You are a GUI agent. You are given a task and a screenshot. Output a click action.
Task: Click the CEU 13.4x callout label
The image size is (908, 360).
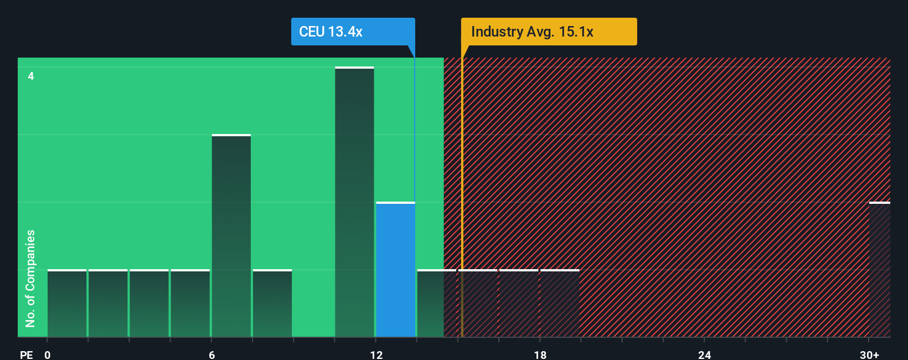pos(353,32)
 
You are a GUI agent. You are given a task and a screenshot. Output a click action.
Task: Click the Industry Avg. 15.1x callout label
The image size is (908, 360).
pos(549,32)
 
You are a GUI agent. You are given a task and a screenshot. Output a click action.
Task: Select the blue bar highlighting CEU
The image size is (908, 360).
pos(395,270)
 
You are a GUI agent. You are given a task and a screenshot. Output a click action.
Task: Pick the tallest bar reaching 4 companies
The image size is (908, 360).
pos(354,202)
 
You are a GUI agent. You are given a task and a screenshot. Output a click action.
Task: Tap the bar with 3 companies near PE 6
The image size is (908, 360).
pos(231,235)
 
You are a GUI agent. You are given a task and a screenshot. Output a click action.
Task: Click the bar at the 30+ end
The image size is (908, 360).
pos(879,270)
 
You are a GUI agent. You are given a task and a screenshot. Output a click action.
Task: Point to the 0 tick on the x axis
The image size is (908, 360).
pos(48,354)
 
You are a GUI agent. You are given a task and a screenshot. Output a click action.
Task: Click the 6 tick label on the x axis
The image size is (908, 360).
pos(211,354)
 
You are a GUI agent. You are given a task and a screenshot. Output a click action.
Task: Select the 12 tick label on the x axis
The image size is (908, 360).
pos(376,354)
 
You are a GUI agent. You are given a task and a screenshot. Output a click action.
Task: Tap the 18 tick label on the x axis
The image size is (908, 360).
pos(540,354)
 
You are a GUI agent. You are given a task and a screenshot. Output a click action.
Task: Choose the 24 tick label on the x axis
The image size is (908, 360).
pos(704,354)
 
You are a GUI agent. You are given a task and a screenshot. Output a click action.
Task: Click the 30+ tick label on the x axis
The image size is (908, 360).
pos(869,354)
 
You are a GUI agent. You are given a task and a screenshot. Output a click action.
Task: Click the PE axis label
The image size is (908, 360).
pos(26,354)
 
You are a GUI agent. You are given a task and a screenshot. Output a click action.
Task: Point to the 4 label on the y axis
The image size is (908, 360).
pos(31,76)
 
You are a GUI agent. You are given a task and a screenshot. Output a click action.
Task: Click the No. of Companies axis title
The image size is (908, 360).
pos(30,278)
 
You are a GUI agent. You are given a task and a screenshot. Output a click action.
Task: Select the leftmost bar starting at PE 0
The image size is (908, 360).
pos(67,304)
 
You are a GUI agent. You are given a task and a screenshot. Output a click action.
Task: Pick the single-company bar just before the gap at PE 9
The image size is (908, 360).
pos(272,304)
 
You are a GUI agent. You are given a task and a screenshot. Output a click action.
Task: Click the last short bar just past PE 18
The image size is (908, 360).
pos(560,304)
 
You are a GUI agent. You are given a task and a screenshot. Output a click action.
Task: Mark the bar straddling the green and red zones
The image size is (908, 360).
pos(436,304)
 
